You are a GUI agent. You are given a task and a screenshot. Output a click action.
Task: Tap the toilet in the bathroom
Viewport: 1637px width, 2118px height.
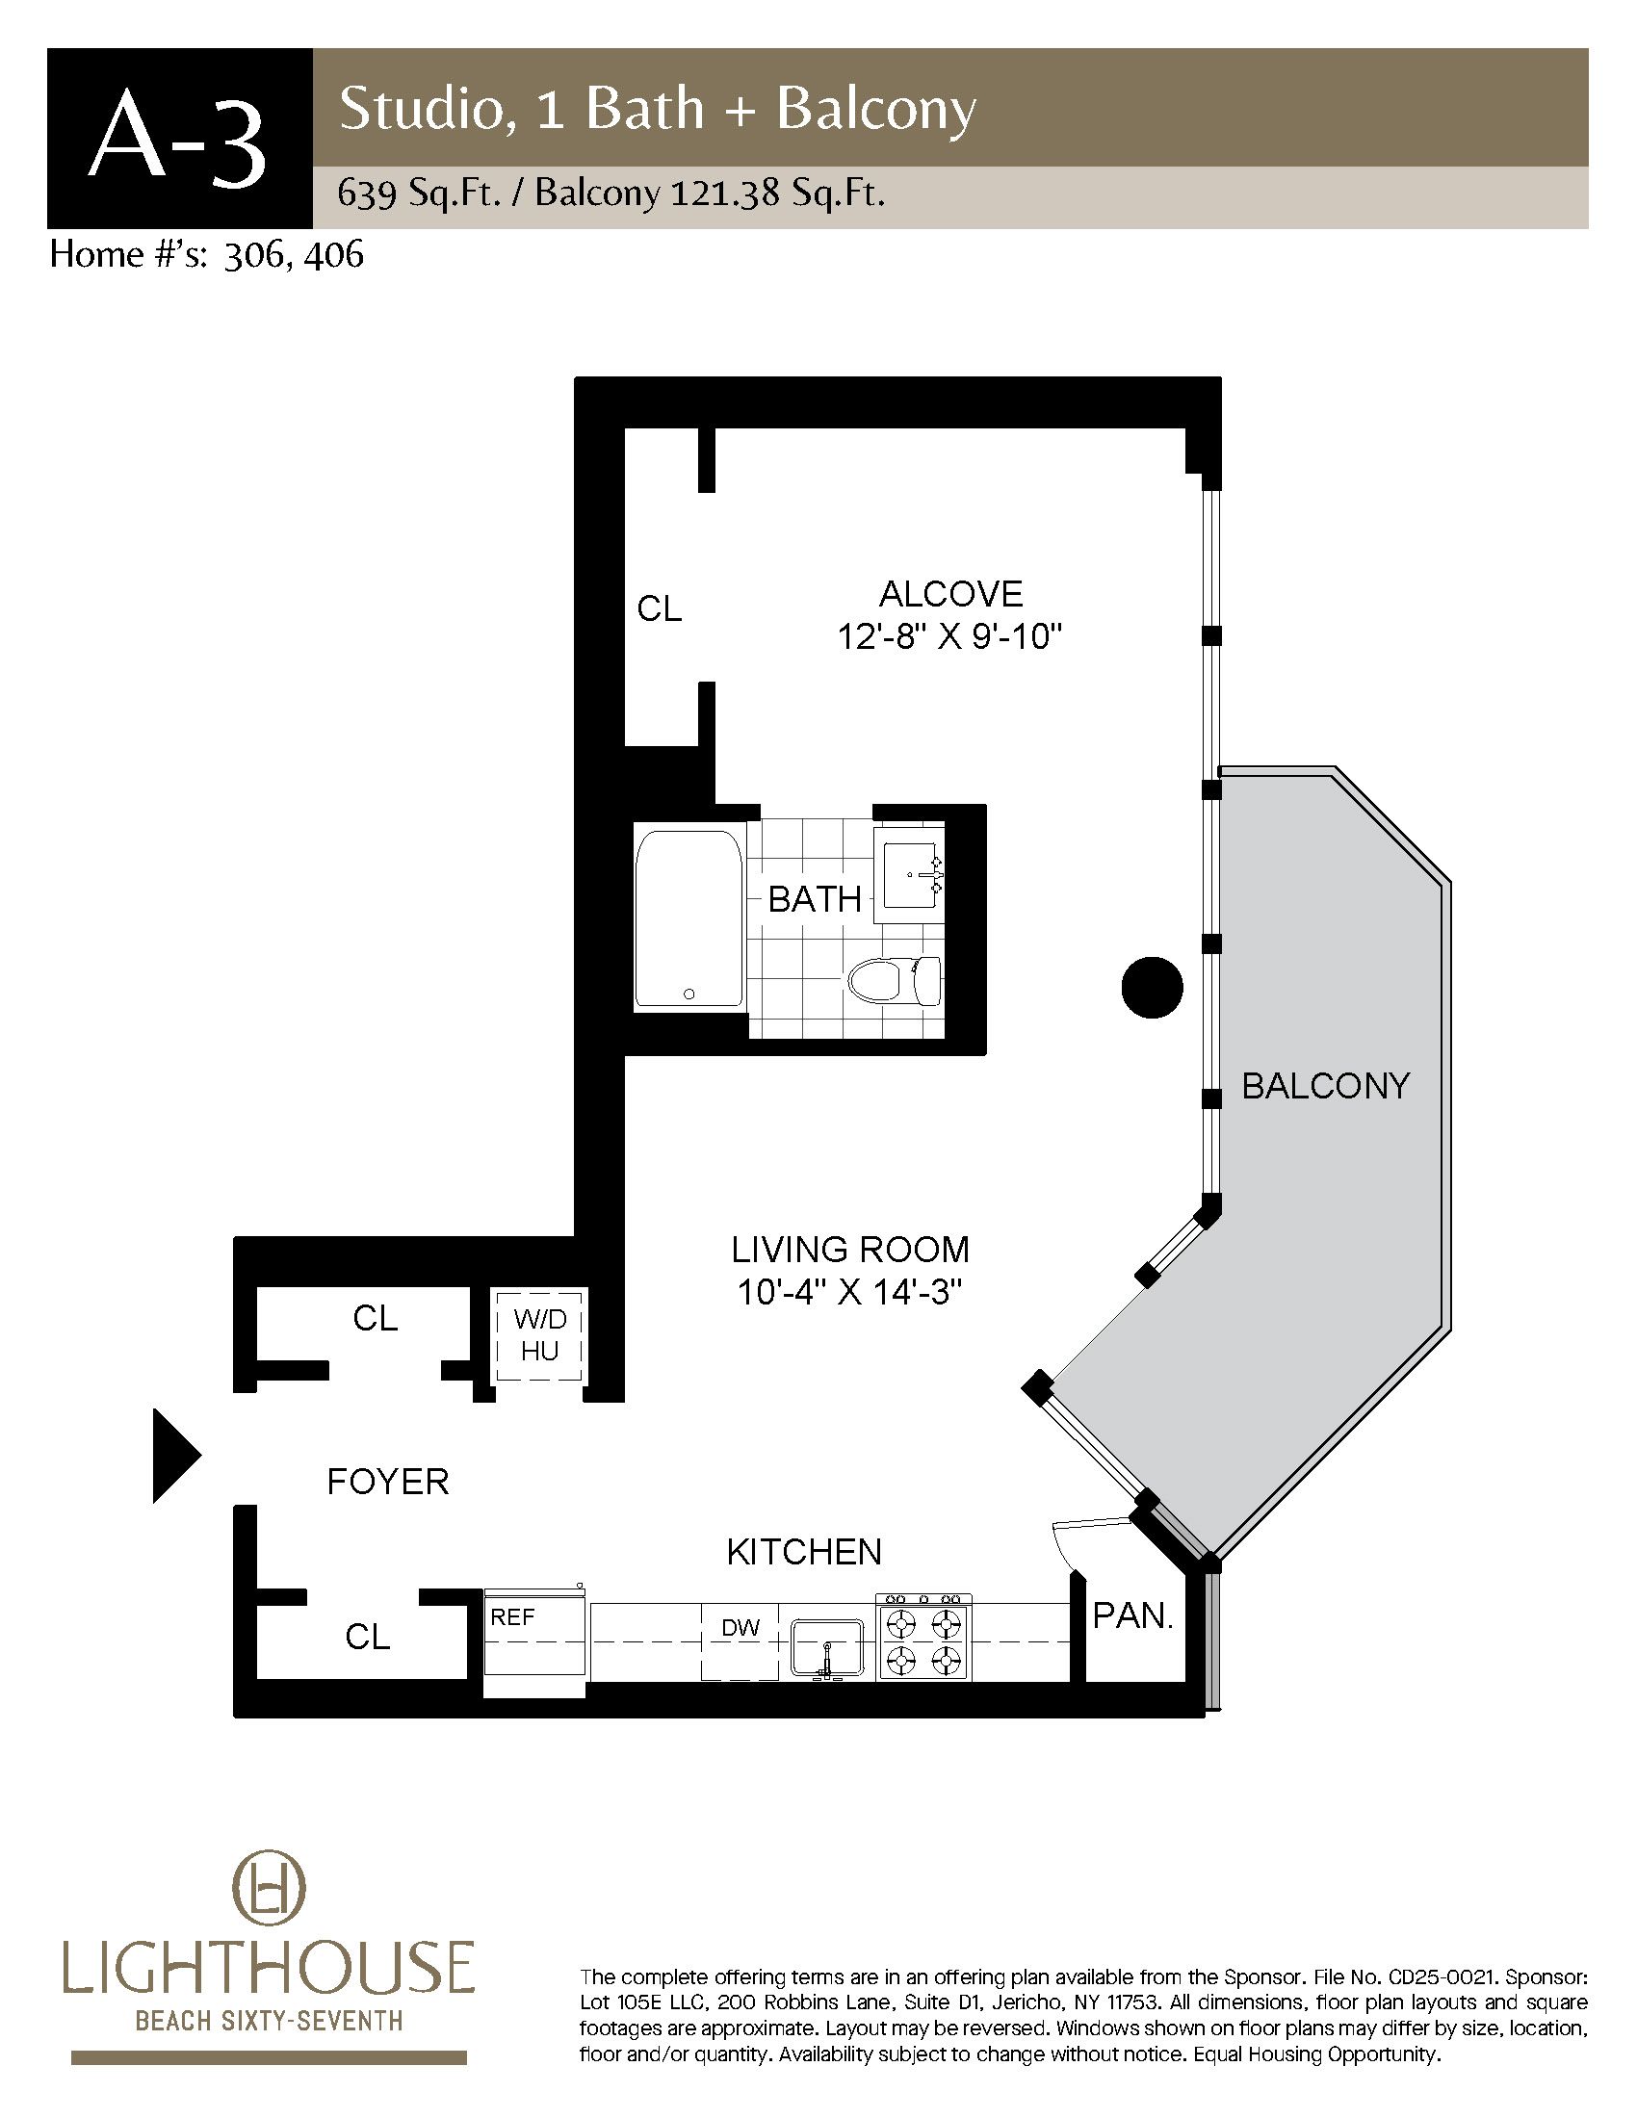point(894,980)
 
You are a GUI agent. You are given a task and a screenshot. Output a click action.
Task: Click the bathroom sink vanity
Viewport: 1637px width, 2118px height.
point(909,874)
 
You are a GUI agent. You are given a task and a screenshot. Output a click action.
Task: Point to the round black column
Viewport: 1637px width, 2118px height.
point(1152,987)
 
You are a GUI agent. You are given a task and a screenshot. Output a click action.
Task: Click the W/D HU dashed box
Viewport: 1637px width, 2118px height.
point(539,1335)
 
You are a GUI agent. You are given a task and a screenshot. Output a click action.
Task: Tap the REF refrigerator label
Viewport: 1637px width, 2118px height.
point(512,1616)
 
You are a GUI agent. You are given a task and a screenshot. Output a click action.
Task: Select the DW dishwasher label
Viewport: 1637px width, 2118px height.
point(740,1627)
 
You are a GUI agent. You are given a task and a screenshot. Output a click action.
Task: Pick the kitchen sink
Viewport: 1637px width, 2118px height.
point(826,1646)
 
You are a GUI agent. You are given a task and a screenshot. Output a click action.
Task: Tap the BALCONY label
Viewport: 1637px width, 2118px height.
point(1326,1086)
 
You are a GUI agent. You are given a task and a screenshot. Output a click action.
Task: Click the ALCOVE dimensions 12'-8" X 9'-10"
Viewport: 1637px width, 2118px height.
point(950,637)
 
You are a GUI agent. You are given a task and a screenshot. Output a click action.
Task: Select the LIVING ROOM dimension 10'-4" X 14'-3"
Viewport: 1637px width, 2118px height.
point(849,1293)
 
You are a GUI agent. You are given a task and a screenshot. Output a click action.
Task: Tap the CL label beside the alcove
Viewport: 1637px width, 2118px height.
point(660,608)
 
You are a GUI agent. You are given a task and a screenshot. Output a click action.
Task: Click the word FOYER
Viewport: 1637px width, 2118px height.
point(388,1482)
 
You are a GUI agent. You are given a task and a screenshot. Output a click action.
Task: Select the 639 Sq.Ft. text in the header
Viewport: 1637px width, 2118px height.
point(418,194)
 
